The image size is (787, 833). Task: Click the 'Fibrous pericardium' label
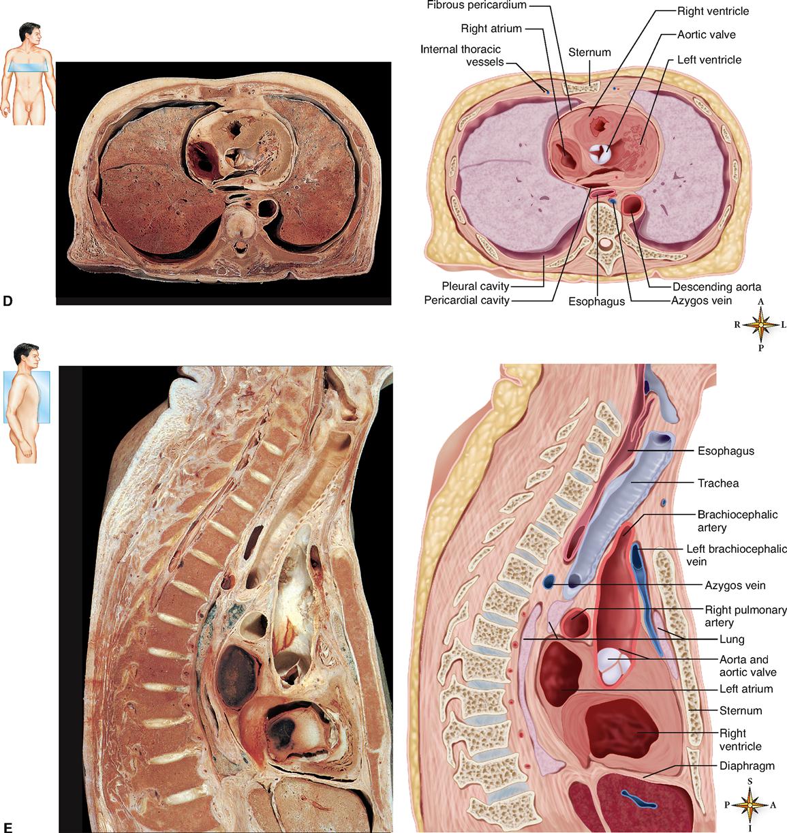click(476, 5)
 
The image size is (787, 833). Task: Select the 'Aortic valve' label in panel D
click(706, 35)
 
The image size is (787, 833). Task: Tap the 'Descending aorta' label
click(717, 287)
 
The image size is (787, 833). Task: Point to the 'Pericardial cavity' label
click(467, 301)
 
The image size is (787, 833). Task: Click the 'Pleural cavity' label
click(475, 286)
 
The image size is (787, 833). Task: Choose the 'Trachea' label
click(718, 483)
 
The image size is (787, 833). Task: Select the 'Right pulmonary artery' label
click(745, 616)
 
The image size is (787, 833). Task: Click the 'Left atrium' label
click(746, 689)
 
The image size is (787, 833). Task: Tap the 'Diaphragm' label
click(747, 766)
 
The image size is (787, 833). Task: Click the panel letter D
click(7, 301)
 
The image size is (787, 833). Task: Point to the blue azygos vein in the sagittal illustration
click(550, 581)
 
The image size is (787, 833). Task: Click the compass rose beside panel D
click(760, 325)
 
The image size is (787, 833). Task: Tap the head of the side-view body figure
click(27, 354)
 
